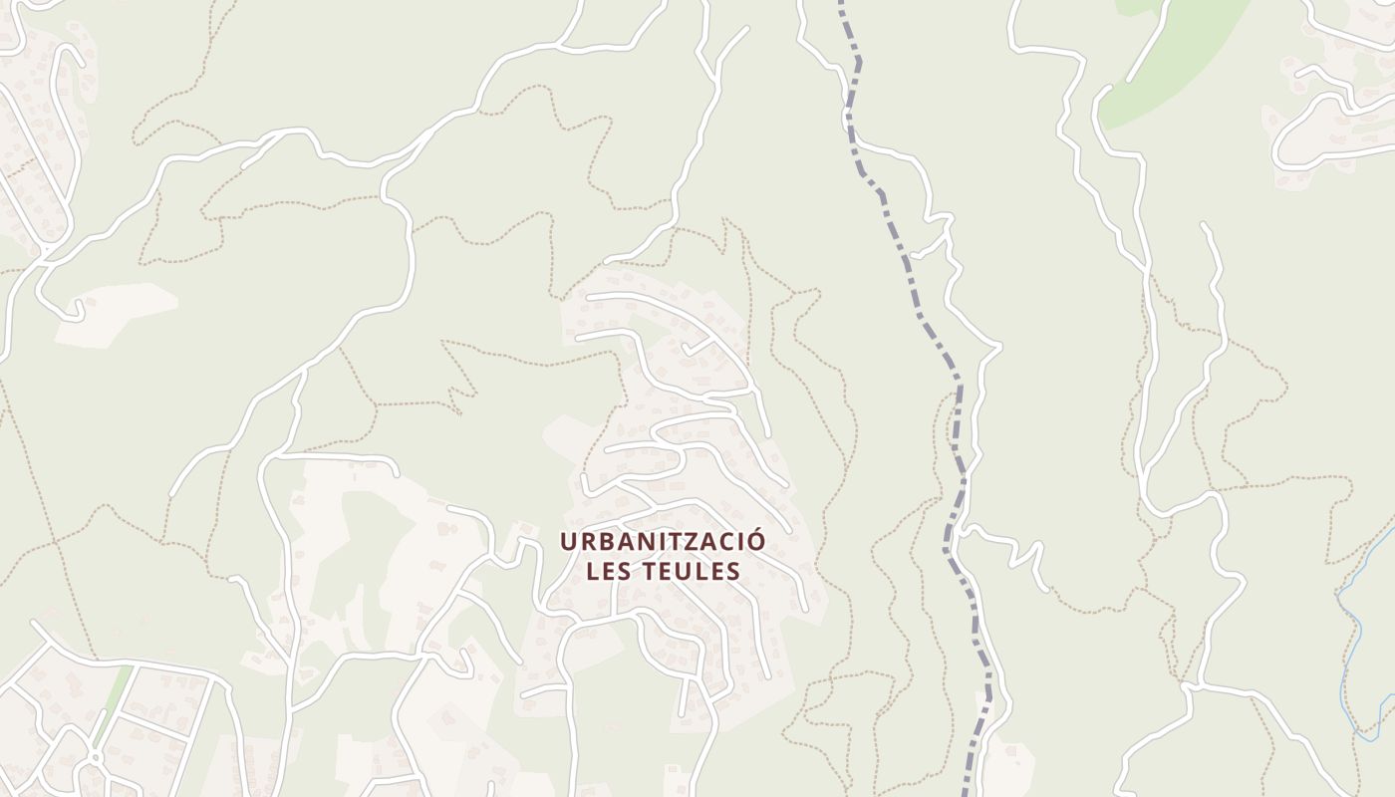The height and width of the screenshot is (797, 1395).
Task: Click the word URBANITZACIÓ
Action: coord(663,541)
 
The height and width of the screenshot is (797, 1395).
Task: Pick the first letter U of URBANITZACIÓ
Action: coord(568,541)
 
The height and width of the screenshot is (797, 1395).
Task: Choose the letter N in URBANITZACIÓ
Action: coord(633,541)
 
